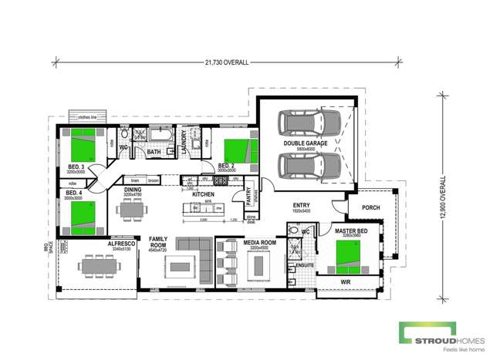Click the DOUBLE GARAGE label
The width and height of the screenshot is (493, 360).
(x=307, y=143)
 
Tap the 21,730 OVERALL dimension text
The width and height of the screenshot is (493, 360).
(x=227, y=63)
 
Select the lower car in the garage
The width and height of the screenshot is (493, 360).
(x=307, y=165)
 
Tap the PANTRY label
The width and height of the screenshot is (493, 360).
(x=249, y=197)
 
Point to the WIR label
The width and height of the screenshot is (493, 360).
(x=343, y=283)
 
